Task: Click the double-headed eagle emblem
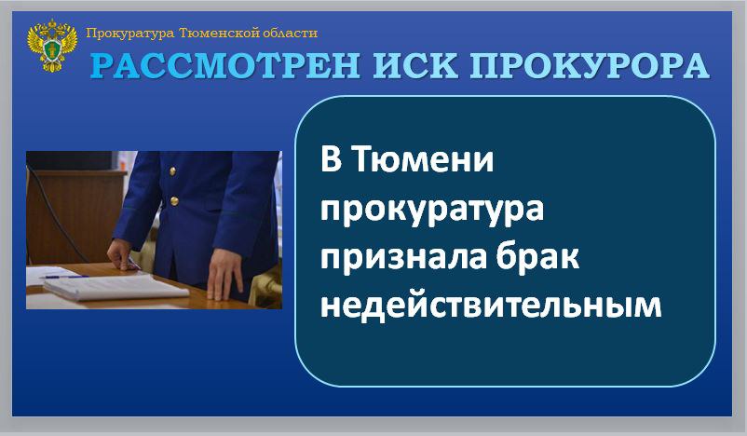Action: (52, 46)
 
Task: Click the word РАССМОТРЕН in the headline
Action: (225, 66)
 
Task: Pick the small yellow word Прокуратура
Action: (130, 34)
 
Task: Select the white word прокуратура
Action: (432, 211)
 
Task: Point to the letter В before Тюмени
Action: (332, 159)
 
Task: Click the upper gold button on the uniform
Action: (172, 171)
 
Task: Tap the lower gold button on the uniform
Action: (174, 201)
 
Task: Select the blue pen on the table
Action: (64, 277)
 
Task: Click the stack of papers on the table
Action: (115, 287)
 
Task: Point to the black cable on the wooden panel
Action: (56, 214)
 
